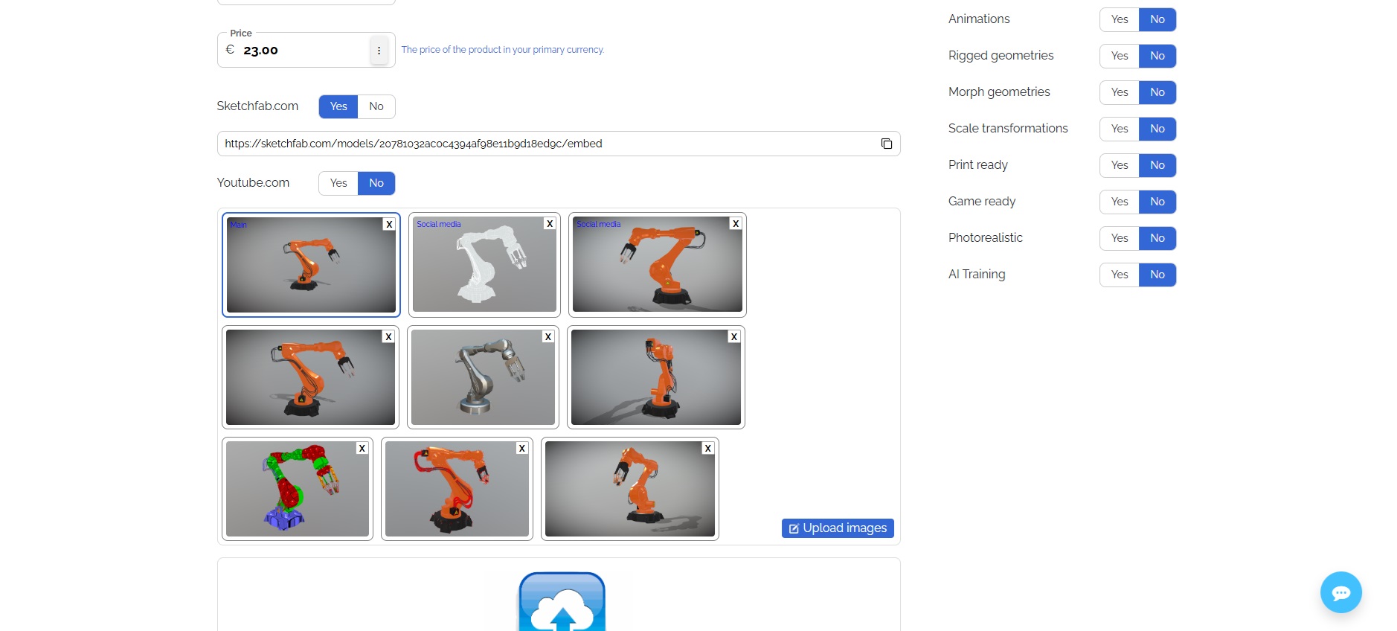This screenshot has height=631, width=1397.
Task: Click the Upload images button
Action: pos(838,528)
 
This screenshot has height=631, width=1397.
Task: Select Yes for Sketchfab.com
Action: pos(338,106)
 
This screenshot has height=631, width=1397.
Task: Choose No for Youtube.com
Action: pos(376,183)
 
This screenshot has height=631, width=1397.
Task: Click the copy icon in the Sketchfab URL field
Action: pos(887,144)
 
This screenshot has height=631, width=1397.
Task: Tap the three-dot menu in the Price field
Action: pos(379,51)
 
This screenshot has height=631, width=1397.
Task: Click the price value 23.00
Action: pos(260,51)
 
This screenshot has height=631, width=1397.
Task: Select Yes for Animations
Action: pos(1120,19)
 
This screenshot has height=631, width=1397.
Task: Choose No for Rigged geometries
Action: pos(1157,56)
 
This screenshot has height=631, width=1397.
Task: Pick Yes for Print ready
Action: pos(1120,165)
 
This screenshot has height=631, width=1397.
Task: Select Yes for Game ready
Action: pos(1120,202)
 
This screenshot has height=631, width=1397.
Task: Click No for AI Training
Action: pos(1157,275)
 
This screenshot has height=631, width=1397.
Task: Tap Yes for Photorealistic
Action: pos(1120,238)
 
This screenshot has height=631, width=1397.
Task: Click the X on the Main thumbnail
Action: pos(389,224)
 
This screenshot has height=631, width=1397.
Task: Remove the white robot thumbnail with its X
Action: pos(550,223)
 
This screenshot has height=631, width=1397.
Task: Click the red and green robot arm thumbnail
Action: pos(298,489)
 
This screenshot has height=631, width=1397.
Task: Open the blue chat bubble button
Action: pos(1341,592)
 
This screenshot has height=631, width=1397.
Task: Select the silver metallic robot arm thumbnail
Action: pos(484,377)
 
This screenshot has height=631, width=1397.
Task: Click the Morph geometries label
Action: pos(999,92)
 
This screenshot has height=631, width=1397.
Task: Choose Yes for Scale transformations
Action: pos(1120,129)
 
